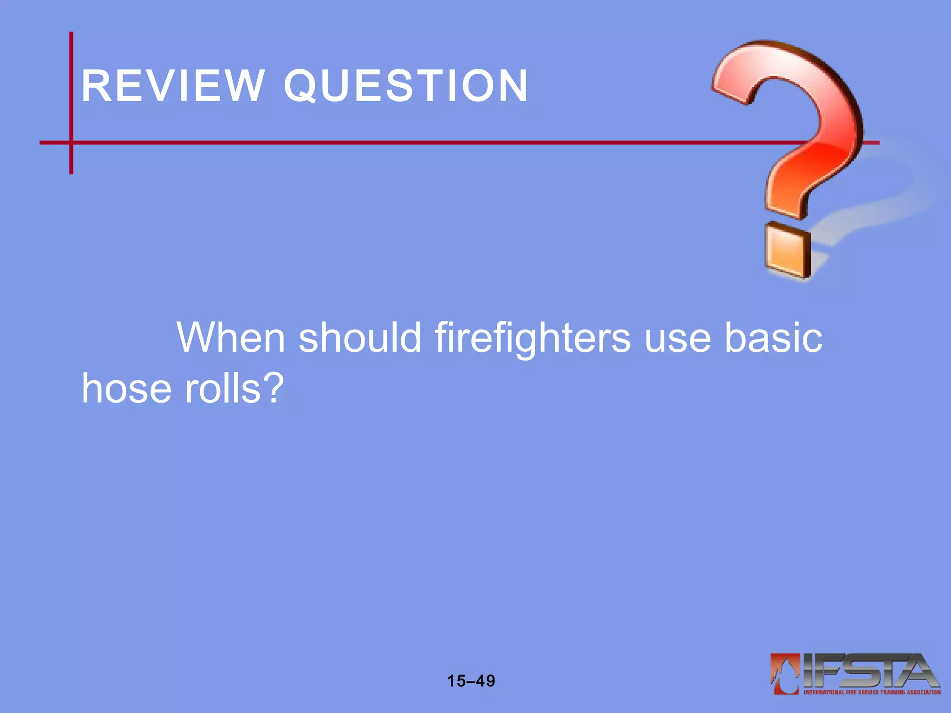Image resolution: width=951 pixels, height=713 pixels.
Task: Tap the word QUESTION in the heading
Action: coord(406,86)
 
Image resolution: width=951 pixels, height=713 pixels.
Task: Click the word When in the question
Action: coord(231,337)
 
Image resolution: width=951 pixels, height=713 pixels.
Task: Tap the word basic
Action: coord(773,337)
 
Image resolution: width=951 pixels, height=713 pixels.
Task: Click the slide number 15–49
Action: coord(471,681)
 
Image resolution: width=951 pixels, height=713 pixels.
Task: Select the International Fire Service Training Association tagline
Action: coord(872,692)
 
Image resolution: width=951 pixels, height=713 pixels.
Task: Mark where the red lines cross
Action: coord(71,143)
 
